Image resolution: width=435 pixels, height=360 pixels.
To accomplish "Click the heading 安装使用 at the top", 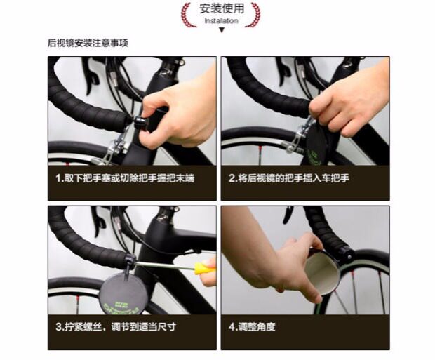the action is (222, 8).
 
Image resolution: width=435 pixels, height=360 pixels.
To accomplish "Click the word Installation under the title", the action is (222, 21).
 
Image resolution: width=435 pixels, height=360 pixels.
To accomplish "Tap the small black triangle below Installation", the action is (222, 30).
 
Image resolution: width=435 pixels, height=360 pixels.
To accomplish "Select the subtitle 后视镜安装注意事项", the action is (88, 43).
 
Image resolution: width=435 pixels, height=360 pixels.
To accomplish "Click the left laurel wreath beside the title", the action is (187, 15).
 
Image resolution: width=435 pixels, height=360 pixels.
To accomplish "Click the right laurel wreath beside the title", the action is (254, 15).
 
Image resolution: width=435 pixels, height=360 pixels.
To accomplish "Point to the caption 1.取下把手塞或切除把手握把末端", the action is (125, 178).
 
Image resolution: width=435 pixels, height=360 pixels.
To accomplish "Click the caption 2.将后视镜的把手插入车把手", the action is (289, 178).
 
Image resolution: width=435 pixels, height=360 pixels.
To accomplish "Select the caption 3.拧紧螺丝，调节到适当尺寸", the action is (116, 326).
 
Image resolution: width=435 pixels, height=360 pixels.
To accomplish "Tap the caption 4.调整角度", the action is (252, 326).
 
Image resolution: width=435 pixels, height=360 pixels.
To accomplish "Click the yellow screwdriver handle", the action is (205, 267).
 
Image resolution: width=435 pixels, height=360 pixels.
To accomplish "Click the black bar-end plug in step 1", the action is (140, 121).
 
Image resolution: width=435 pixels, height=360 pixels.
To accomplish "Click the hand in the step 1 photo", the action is (178, 116).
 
